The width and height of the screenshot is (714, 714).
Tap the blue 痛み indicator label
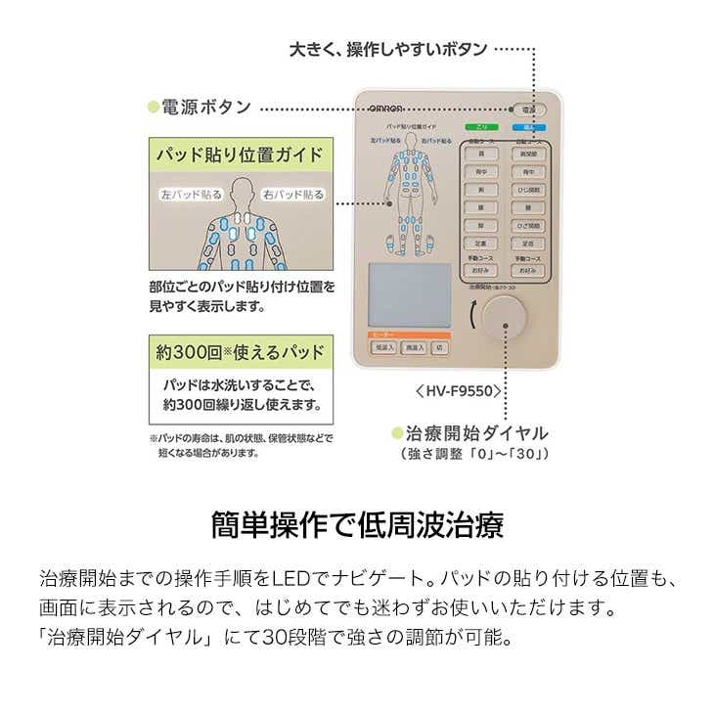click(x=528, y=127)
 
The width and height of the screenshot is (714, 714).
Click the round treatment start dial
click(x=508, y=321)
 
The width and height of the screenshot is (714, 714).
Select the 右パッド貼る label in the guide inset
click(x=293, y=194)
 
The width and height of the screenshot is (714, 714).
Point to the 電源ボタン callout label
click(x=205, y=108)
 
